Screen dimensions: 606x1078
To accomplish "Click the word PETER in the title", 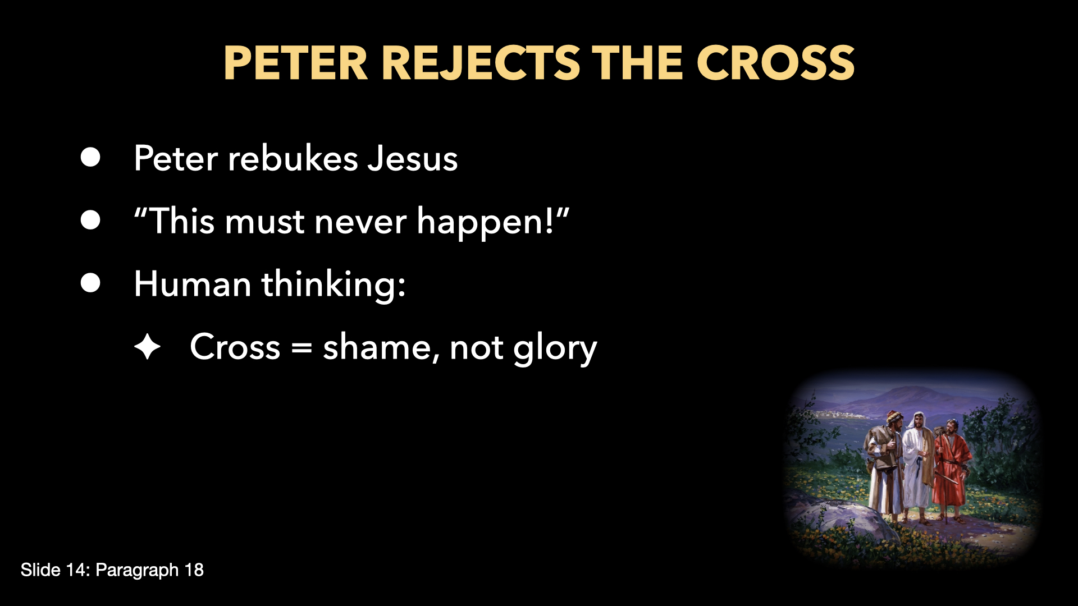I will [295, 63].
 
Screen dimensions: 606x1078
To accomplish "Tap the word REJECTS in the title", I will [481, 63].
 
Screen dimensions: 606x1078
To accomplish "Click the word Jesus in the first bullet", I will [412, 158].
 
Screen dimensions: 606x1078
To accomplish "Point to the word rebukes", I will [293, 158].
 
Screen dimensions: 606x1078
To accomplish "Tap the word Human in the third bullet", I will [192, 284].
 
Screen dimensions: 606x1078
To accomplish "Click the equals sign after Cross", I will [302, 347].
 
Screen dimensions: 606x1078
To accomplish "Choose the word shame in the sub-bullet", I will [377, 347].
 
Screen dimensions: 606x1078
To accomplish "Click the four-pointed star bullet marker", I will [148, 347].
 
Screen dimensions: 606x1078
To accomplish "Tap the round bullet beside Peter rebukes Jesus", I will [90, 158].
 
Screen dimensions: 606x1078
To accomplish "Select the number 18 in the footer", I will [194, 570].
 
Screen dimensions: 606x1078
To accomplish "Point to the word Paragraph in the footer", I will [137, 570].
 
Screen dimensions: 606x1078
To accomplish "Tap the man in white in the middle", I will [917, 463].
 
